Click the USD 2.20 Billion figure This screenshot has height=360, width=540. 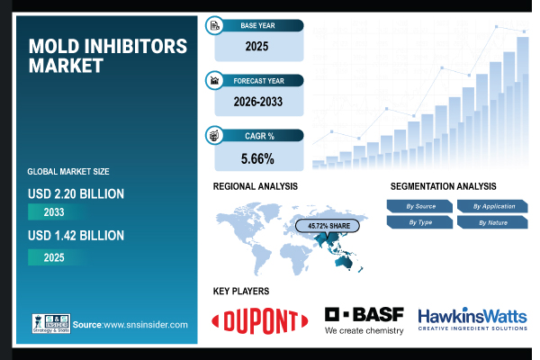pos(76,193)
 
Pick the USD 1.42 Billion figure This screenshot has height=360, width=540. pos(76,236)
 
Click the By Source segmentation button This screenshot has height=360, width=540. pos(420,206)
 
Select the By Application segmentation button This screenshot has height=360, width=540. pos(491,206)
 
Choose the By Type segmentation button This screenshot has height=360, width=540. pos(420,221)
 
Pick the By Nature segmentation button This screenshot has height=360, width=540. pos(491,221)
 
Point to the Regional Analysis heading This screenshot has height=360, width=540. pos(256,186)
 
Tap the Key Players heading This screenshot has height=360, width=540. pos(241,292)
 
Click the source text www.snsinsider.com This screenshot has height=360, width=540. pos(144,324)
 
